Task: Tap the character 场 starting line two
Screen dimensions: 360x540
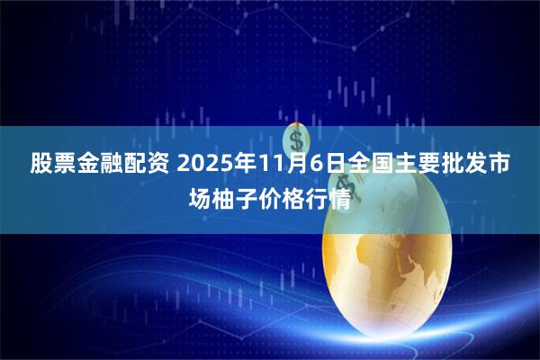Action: [200, 197]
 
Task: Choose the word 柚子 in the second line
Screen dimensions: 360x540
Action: [235, 197]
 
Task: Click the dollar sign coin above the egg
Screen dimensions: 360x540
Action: [297, 139]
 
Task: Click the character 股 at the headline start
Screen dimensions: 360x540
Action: [41, 166]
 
